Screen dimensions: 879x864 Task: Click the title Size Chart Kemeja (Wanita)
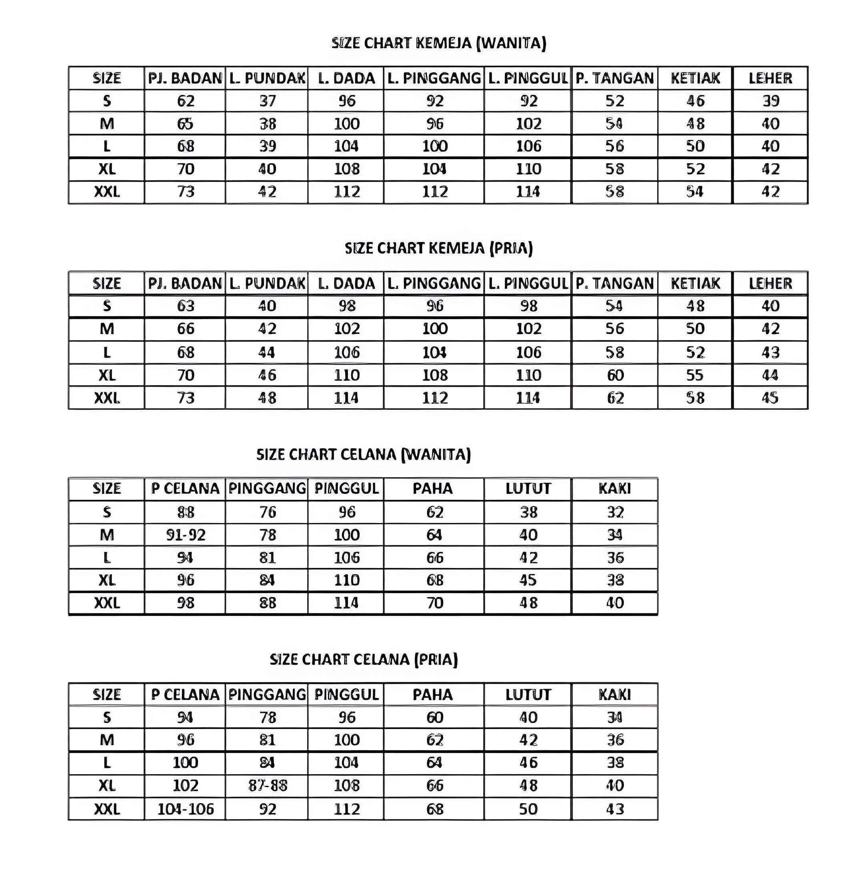[x=439, y=43]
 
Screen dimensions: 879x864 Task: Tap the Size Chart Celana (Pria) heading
[x=364, y=659]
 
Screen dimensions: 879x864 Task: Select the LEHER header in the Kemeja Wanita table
[x=770, y=78]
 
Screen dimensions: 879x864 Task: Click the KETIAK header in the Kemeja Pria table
[x=695, y=284]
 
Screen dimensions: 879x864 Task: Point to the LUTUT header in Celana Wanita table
[x=528, y=488]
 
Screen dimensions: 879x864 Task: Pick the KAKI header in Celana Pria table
[x=615, y=694]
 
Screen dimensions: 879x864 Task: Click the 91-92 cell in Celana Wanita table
[x=186, y=535]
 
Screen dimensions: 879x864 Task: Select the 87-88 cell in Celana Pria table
[x=268, y=785]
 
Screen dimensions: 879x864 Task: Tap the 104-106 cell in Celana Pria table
[x=186, y=809]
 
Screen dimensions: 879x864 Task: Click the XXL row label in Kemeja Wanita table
[x=107, y=192]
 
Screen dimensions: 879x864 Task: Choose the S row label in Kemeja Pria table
[x=107, y=306]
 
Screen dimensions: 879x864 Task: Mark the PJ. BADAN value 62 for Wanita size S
[x=186, y=101]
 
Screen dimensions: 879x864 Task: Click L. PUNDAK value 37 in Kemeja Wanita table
[x=267, y=101]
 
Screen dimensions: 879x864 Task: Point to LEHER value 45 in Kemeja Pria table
[x=770, y=398]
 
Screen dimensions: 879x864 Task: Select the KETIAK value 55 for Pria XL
[x=695, y=375]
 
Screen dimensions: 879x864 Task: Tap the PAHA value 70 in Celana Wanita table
[x=434, y=603]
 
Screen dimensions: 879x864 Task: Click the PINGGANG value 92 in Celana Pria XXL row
[x=268, y=809]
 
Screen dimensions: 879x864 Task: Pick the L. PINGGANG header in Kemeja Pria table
[x=434, y=284]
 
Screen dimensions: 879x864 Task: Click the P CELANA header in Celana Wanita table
[x=185, y=488]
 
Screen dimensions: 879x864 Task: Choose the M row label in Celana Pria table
[x=107, y=740]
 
